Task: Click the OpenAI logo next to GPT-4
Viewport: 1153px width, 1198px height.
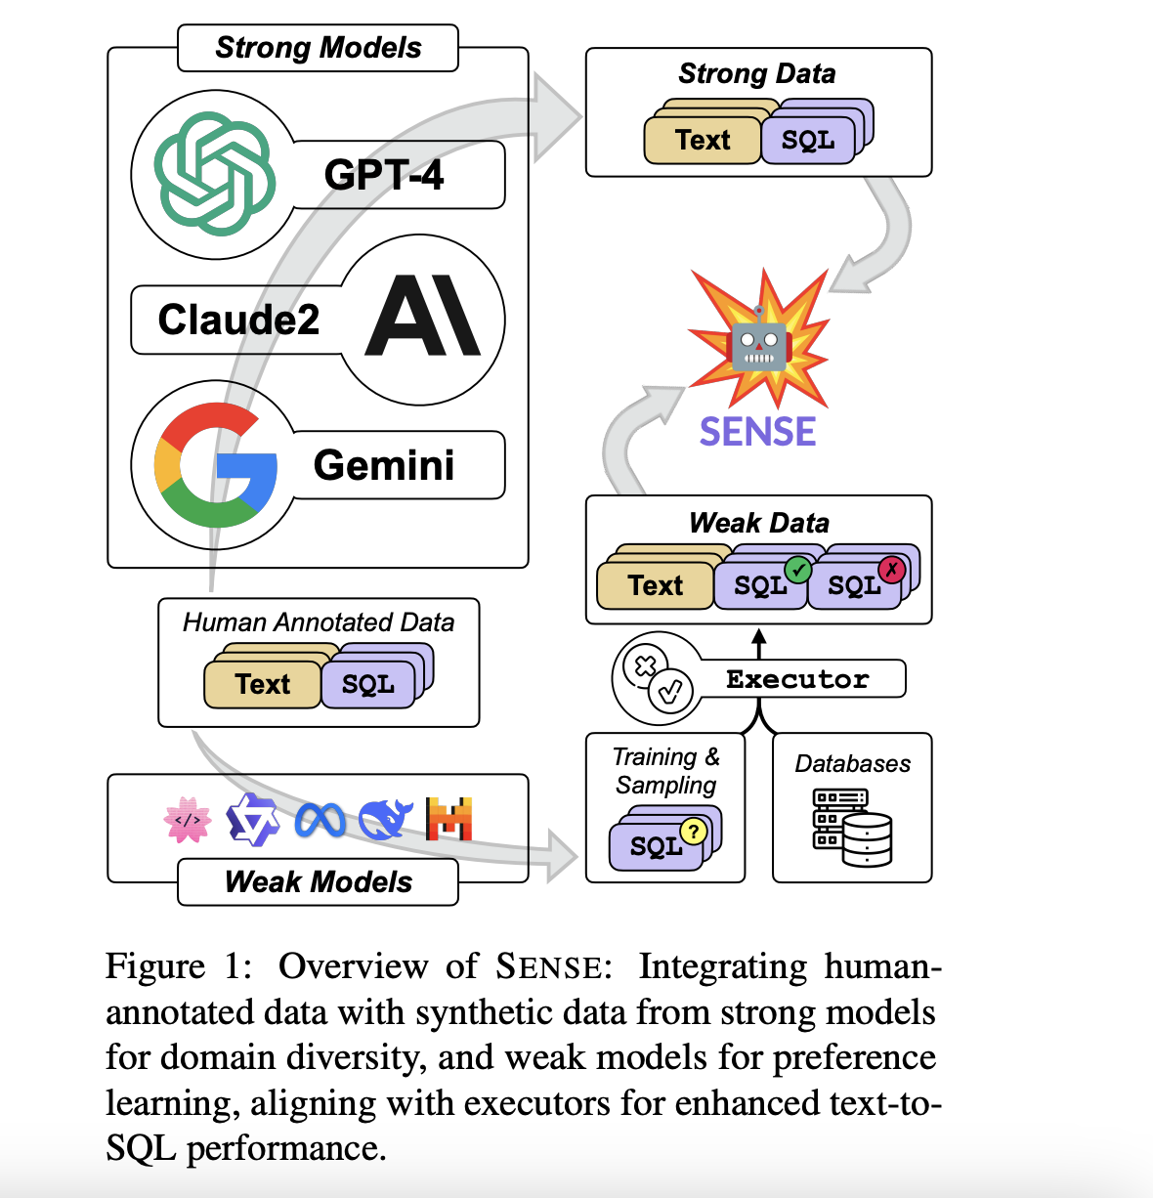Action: point(214,174)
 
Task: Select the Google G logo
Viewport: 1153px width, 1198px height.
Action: point(214,464)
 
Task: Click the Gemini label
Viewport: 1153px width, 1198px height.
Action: point(384,465)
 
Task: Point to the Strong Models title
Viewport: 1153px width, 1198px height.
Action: point(318,48)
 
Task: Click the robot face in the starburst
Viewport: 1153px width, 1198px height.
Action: point(759,343)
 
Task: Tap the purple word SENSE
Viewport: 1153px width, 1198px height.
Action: point(757,431)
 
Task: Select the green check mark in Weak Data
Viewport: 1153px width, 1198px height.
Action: point(798,569)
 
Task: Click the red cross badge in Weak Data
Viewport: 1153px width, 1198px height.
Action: point(891,569)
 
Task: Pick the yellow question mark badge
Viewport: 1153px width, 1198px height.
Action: point(693,831)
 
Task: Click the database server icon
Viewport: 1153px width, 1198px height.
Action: point(852,828)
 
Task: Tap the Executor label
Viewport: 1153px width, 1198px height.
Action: point(797,679)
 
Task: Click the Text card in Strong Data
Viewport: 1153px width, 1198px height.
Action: point(702,140)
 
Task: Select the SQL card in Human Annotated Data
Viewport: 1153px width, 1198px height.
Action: point(368,684)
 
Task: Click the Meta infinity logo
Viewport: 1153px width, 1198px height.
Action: point(320,820)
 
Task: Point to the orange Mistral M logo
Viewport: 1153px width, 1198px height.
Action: point(449,819)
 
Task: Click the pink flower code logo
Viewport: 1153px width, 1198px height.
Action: point(188,820)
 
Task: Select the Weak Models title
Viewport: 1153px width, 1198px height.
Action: point(318,881)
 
